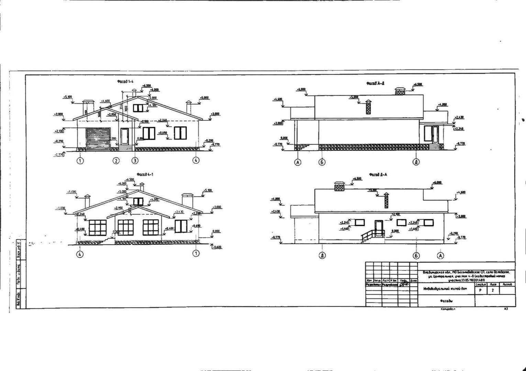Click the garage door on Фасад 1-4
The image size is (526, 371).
98,138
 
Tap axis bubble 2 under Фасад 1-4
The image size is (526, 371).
116,160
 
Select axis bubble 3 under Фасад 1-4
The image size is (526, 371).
135,160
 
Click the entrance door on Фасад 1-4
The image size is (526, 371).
124,136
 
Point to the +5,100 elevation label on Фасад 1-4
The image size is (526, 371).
67,97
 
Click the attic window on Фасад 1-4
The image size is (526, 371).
138,108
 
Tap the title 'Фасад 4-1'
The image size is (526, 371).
145,175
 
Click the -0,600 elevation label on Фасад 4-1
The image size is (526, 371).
217,247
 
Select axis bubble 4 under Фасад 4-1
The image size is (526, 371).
80,254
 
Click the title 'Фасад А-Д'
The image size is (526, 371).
375,83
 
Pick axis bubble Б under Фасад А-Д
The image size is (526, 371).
322,162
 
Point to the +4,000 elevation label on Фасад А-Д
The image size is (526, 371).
443,104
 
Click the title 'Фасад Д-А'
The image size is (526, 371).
378,175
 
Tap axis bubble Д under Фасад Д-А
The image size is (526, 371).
322,256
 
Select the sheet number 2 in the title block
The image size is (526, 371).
493,290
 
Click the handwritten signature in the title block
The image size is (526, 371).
404,284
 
